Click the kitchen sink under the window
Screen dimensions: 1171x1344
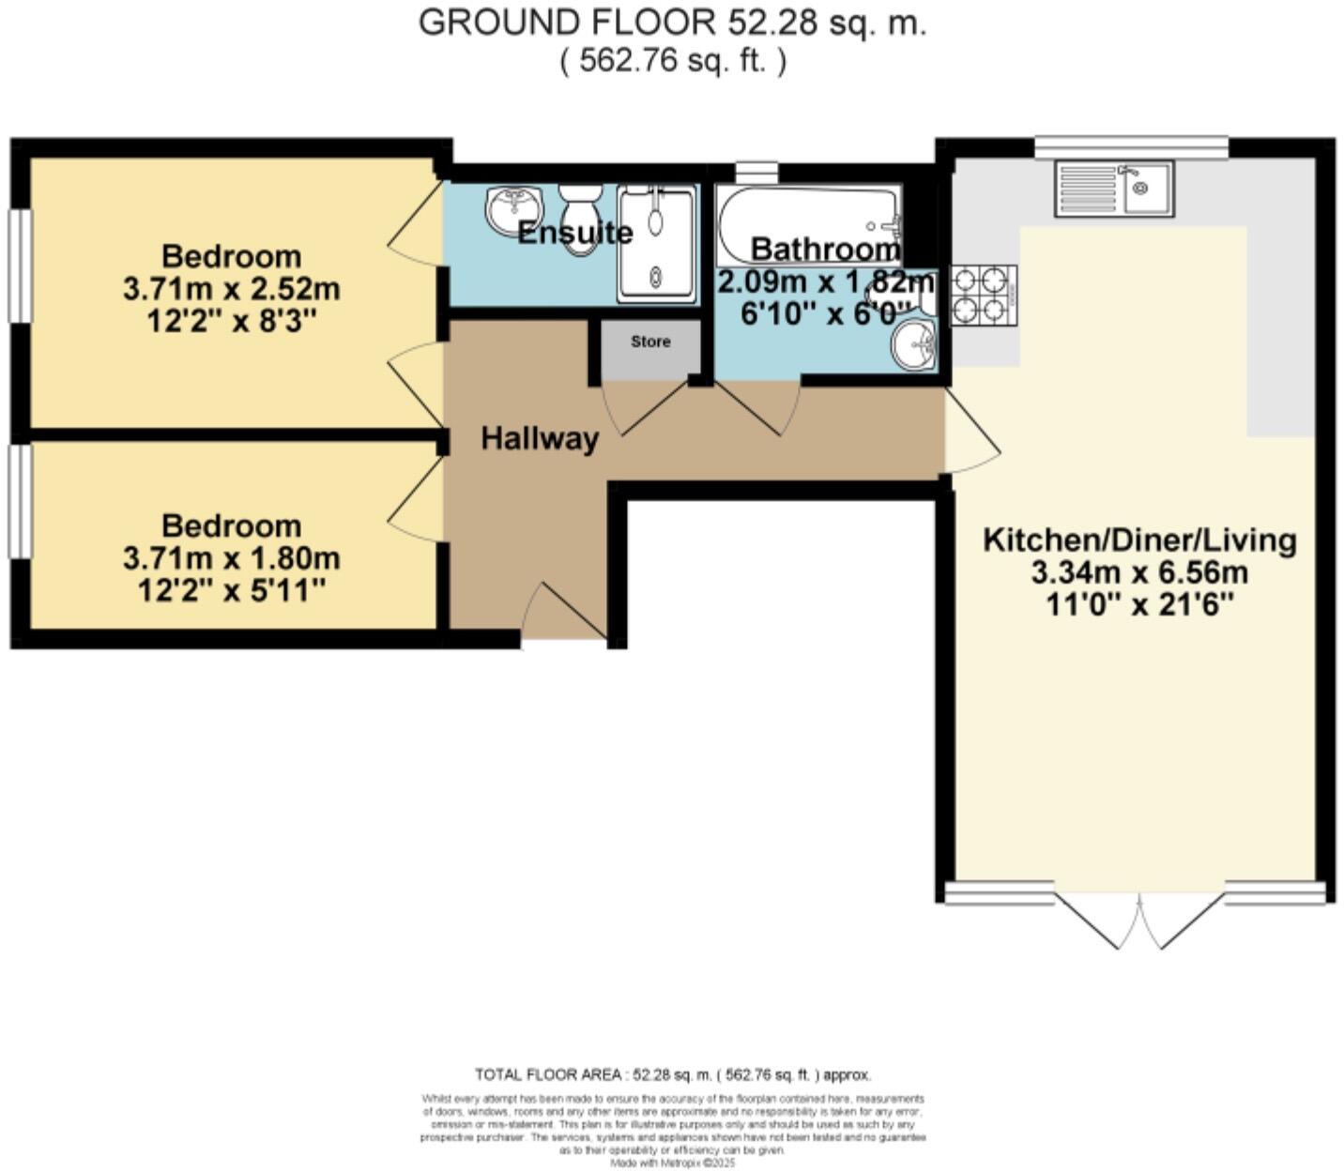[x=1113, y=189]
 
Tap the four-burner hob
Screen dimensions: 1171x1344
[x=984, y=295]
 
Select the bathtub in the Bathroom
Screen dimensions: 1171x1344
[x=808, y=223]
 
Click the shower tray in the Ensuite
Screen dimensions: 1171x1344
[x=657, y=244]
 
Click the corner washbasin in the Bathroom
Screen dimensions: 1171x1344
[x=914, y=345]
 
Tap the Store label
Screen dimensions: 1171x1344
[x=650, y=342]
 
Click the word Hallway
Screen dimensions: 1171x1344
[x=540, y=438]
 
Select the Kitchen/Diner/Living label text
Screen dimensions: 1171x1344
[x=1139, y=540]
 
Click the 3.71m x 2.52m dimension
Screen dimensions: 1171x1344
[x=231, y=289]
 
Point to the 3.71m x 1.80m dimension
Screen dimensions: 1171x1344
[x=231, y=558]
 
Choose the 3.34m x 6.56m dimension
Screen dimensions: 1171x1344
[x=1139, y=572]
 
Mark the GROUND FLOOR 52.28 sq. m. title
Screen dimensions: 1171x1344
[x=672, y=23]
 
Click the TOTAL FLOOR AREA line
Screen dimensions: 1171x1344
[x=672, y=1074]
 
